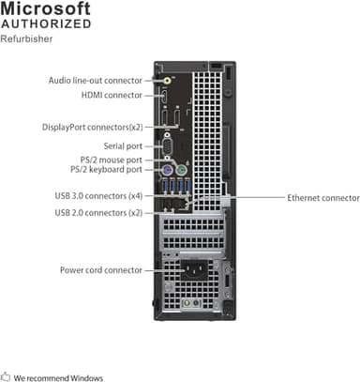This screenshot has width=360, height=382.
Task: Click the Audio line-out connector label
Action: click(x=96, y=81)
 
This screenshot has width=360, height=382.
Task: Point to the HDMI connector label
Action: click(x=112, y=95)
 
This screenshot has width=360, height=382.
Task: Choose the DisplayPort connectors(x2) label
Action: click(x=92, y=127)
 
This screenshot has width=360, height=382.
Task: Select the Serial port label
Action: click(x=121, y=145)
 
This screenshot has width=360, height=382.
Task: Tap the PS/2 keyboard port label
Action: click(x=106, y=170)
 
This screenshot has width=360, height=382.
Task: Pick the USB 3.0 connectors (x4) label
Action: click(x=99, y=196)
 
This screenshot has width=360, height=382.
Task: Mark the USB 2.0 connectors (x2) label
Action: click(x=99, y=213)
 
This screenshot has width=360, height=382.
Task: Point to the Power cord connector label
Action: click(x=101, y=270)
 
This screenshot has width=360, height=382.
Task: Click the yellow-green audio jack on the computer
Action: click(x=166, y=82)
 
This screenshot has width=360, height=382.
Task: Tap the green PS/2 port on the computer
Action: click(x=166, y=160)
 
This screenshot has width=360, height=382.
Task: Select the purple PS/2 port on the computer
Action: click(x=166, y=173)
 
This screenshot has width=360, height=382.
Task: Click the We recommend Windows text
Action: click(x=58, y=376)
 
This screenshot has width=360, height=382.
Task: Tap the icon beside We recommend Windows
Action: click(x=6, y=375)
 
